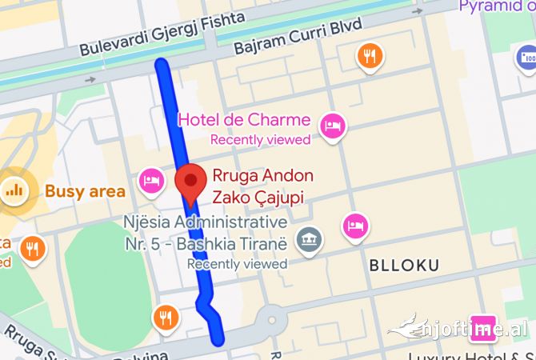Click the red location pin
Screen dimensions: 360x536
coord(190,182)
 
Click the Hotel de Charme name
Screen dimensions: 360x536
coord(244,120)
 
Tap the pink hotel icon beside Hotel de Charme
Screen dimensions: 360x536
coord(332,125)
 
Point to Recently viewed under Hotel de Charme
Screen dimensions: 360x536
coord(260,140)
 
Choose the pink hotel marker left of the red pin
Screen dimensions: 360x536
coord(151,180)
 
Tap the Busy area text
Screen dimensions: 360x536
coord(85,191)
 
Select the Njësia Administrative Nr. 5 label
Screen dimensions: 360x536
coord(205,230)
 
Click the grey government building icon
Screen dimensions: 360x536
coord(308,238)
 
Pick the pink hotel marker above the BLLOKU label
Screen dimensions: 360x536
coord(356,226)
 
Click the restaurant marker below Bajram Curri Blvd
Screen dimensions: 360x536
coord(370,55)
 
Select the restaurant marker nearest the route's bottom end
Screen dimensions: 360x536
coord(166,317)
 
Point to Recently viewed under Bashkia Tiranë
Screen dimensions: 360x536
coord(237,263)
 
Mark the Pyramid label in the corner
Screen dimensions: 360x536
coord(496,6)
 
